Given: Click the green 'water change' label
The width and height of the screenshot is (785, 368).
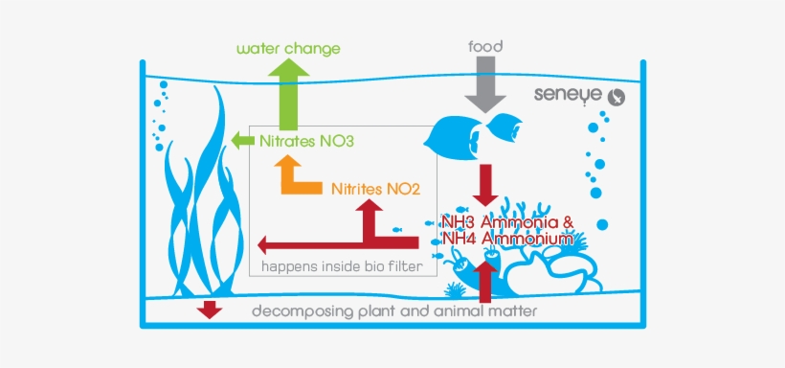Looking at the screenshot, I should point(287,48).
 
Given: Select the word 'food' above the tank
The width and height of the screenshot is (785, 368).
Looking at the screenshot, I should point(485,45).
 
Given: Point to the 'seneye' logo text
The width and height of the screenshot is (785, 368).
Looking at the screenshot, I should point(568,96).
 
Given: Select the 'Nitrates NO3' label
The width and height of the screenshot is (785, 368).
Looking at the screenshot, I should point(306,142).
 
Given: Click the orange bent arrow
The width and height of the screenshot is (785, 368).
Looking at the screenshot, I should point(295,177).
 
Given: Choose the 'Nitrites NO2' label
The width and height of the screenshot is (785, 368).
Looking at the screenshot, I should point(376,188).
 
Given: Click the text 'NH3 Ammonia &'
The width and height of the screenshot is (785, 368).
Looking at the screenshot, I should point(506,221).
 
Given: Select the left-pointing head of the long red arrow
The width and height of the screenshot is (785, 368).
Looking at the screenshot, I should point(264,241).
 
